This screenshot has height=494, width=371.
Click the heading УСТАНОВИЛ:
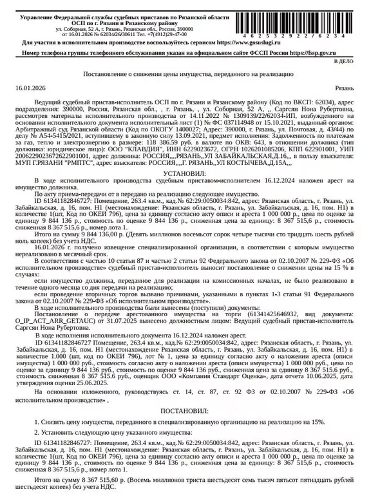click(185, 173)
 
